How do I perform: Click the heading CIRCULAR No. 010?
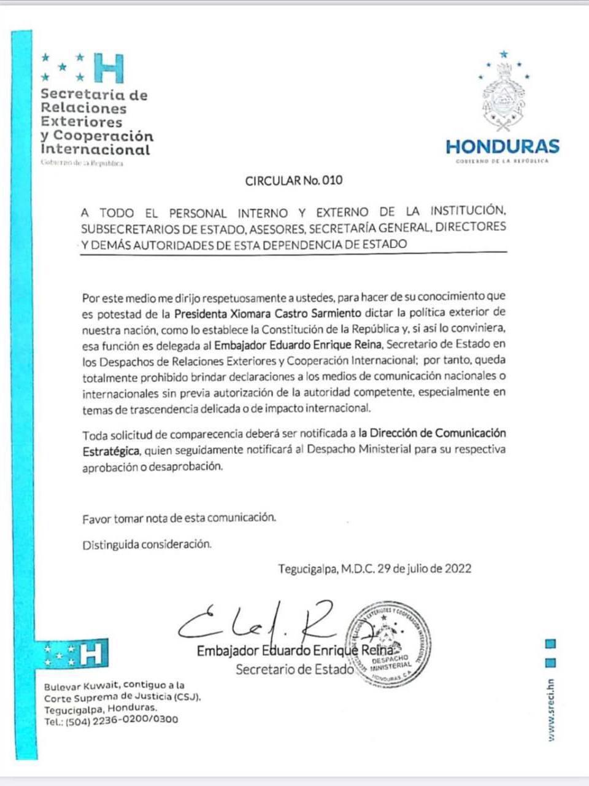pyautogui.click(x=294, y=181)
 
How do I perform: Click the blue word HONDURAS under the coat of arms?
pyautogui.click(x=502, y=146)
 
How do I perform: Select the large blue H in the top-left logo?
pyautogui.click(x=109, y=68)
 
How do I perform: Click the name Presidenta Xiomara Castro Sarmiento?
pyautogui.click(x=268, y=313)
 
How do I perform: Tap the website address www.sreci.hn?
pyautogui.click(x=551, y=709)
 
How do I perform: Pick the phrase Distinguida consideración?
pyautogui.click(x=147, y=545)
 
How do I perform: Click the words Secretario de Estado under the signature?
pyautogui.click(x=294, y=669)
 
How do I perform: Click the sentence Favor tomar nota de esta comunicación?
pyautogui.click(x=179, y=518)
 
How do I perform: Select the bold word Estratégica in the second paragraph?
pyautogui.click(x=111, y=450)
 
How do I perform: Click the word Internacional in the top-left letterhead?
pyautogui.click(x=95, y=150)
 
